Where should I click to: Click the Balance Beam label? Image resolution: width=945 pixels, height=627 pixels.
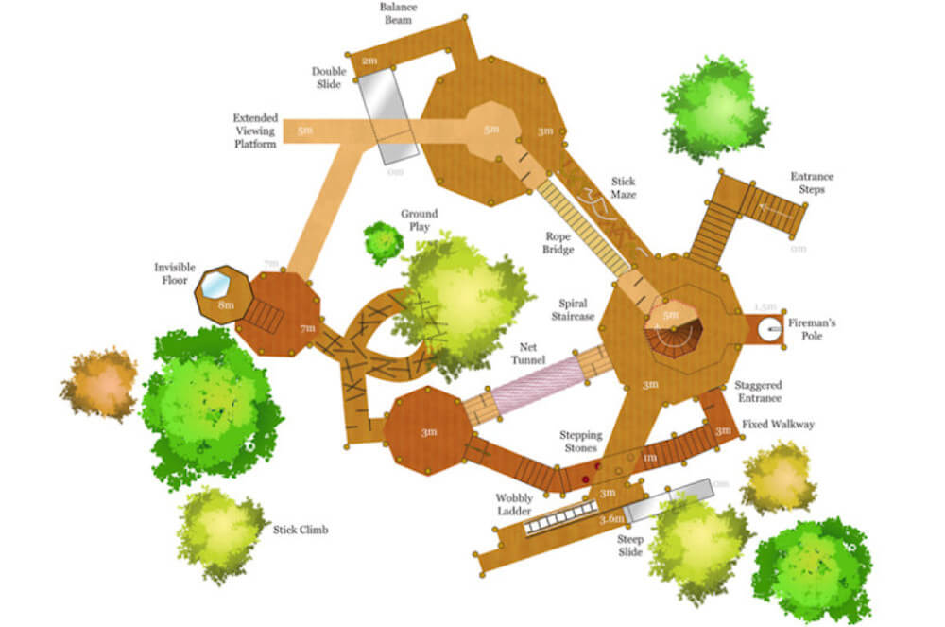(397, 14)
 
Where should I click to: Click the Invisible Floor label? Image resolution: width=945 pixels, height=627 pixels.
(175, 274)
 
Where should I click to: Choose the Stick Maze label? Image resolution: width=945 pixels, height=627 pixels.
(624, 187)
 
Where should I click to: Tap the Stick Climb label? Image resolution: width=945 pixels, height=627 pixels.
(301, 530)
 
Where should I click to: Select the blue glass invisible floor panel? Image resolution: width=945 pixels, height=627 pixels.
(216, 284)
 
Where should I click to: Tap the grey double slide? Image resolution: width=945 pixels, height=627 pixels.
(387, 116)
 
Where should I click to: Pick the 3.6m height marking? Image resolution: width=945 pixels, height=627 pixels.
(611, 519)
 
